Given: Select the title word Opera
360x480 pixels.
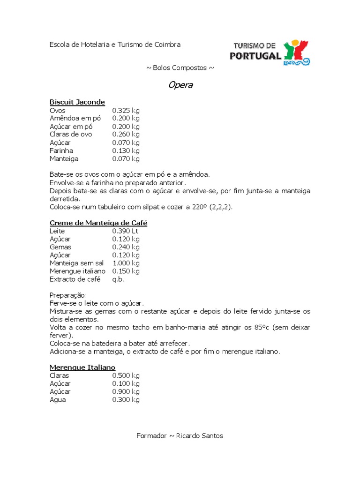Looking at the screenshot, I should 180,85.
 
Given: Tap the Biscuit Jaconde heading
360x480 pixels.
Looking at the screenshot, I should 77,102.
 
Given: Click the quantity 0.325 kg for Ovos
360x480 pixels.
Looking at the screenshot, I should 126,111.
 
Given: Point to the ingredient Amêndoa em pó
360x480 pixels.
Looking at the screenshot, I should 75,119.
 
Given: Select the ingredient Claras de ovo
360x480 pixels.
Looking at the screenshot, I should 71,135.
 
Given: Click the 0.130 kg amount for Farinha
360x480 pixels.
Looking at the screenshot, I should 126,151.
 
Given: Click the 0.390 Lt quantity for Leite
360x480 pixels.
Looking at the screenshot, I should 125,231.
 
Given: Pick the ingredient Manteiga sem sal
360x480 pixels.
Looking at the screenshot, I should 76,263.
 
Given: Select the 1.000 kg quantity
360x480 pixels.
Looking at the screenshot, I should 126,263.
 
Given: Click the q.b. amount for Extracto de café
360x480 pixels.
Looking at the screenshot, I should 119,279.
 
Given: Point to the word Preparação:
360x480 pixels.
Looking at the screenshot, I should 68,295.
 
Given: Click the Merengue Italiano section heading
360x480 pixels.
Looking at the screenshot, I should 82,367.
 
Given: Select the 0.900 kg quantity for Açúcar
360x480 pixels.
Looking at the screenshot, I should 126,392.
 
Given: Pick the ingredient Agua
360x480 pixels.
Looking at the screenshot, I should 58,400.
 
